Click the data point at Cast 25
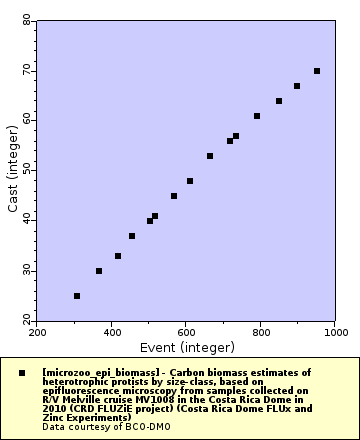click(x=77, y=296)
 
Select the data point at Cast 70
click(x=317, y=71)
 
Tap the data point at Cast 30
click(x=99, y=271)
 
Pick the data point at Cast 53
click(x=210, y=156)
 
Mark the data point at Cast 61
click(x=257, y=116)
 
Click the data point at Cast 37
click(x=132, y=236)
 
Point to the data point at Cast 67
click(x=297, y=86)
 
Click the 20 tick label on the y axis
click(x=27, y=321)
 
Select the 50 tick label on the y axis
click(x=27, y=171)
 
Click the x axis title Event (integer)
click(x=187, y=347)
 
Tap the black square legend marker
click(x=22, y=372)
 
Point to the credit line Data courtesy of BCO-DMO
click(x=99, y=427)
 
